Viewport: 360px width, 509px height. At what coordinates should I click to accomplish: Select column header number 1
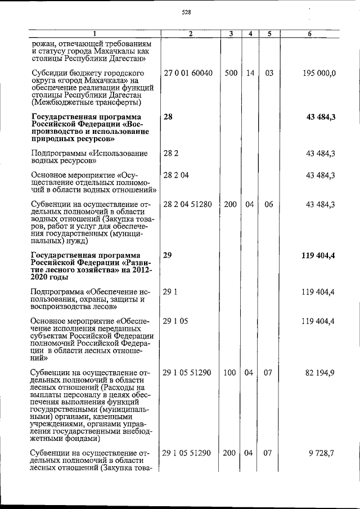pos(94,34)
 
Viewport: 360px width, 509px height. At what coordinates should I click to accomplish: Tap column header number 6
pos(310,34)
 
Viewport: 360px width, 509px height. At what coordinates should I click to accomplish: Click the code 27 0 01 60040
pos(188,73)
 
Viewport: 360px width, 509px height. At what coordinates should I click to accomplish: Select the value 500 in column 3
pos(231,73)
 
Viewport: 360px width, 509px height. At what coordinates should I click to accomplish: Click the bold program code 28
pos(168,116)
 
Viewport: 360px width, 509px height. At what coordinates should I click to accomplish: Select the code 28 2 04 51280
pos(188,204)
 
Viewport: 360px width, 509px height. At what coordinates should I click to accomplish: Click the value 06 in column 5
pos(269,204)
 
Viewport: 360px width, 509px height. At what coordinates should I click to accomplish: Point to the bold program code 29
pos(168,255)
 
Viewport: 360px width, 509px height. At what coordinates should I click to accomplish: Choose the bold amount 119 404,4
pos(318,255)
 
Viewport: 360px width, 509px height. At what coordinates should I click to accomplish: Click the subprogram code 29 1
pos(169,292)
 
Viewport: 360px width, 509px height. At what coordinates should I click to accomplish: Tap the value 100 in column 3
pos(231,372)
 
